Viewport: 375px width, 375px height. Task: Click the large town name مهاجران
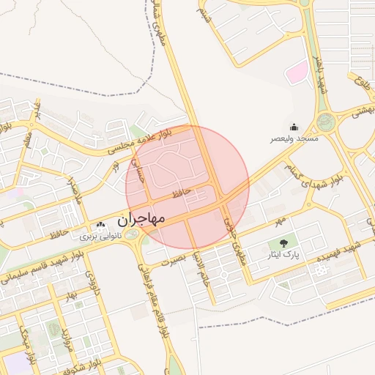point(141,218)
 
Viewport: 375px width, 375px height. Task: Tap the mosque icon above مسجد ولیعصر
point(294,127)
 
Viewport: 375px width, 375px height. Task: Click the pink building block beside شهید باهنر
point(296,73)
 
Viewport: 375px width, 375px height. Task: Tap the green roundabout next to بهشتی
point(326,121)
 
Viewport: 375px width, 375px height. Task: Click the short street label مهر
point(278,219)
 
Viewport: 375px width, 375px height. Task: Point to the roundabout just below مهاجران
point(132,235)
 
